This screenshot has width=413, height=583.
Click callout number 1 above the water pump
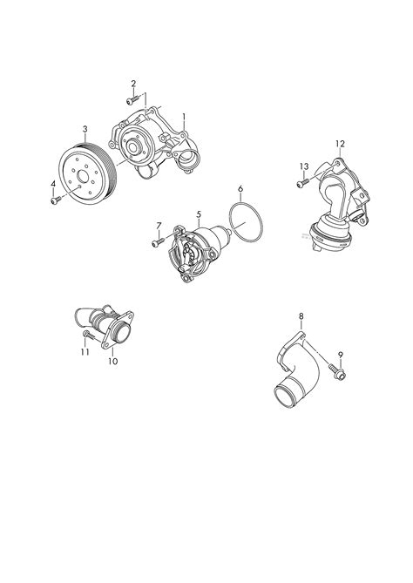point(184,117)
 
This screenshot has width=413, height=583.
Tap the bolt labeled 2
point(132,99)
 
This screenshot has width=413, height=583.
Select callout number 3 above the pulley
point(85,129)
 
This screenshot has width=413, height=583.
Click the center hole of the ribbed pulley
point(82,176)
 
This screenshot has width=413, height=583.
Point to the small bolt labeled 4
point(56,200)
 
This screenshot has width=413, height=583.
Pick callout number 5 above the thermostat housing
point(199,214)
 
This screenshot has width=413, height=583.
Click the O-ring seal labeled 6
point(246,222)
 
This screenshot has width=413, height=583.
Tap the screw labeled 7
point(157,243)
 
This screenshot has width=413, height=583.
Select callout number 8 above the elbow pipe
point(301,316)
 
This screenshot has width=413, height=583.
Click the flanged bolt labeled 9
point(337,372)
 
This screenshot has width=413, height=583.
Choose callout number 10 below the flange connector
point(113,361)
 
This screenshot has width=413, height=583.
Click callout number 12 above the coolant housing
point(340,144)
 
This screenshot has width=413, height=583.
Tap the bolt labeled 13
point(302,183)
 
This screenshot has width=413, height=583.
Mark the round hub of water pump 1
point(132,147)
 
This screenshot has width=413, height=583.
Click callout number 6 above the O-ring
point(240,188)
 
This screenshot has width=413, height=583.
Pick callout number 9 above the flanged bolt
point(341,355)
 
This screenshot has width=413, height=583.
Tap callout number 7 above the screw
point(159,226)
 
